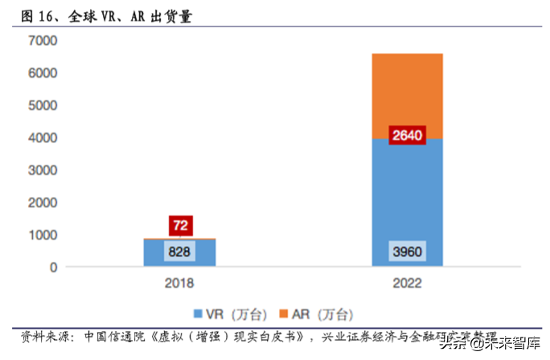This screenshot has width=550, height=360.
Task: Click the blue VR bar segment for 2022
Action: (407, 201)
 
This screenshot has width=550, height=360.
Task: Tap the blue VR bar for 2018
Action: (179, 252)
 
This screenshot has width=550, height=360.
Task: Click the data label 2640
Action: (407, 136)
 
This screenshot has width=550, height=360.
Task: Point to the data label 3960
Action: (407, 252)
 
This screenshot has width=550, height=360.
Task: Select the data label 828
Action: (179, 252)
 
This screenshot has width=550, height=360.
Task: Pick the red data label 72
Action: (179, 225)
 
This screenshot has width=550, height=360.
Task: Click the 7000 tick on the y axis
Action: (42, 40)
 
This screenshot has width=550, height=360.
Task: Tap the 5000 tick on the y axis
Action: (42, 105)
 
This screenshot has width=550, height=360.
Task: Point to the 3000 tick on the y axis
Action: (42, 170)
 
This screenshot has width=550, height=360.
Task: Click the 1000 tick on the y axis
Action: (42, 235)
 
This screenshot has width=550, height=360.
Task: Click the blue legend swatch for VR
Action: (199, 313)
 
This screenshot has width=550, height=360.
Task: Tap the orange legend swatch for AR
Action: (283, 313)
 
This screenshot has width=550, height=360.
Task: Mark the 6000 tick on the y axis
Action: (42, 73)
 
